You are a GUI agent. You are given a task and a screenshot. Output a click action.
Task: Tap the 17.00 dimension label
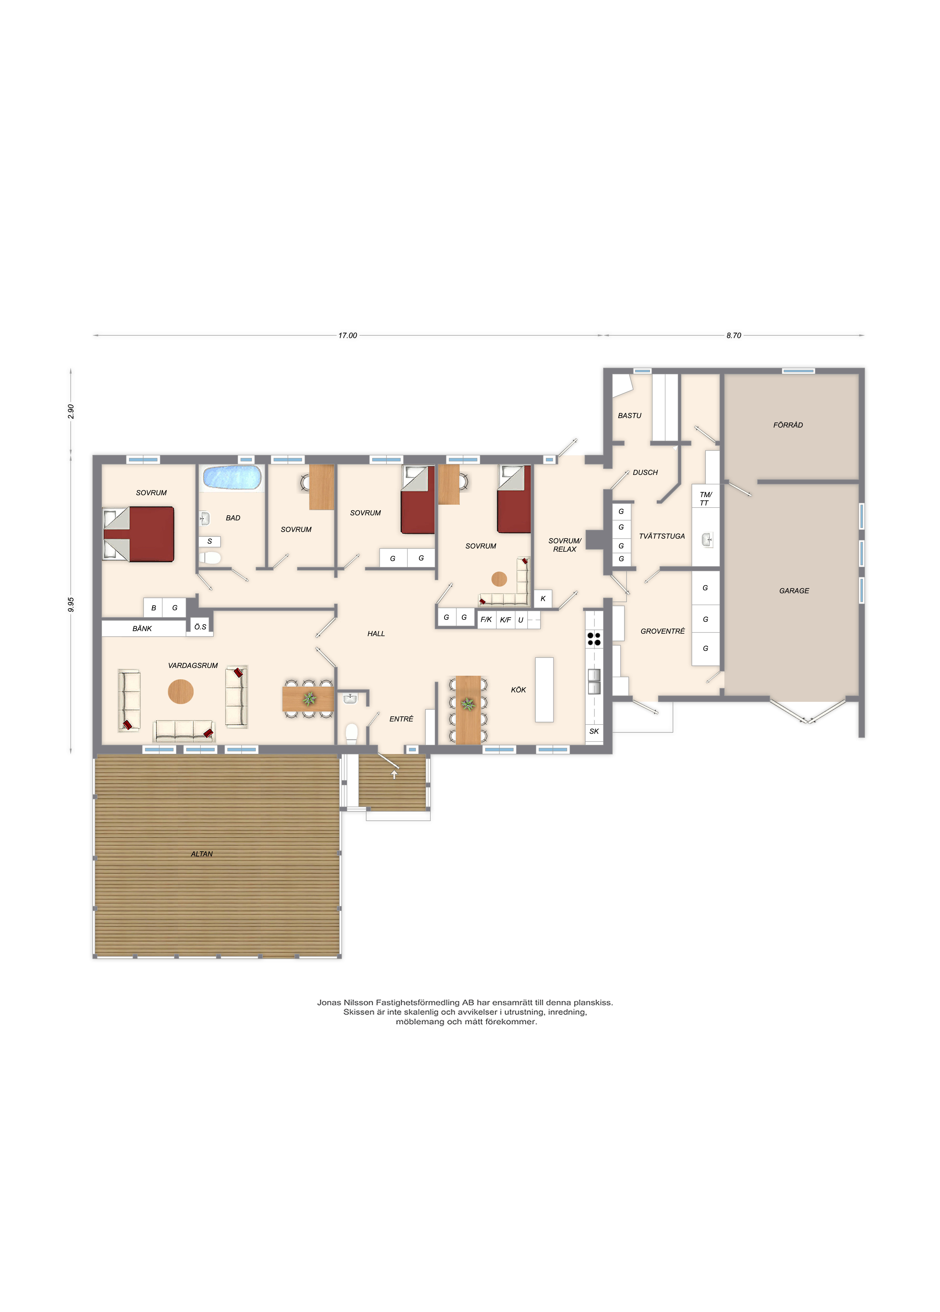coord(348,335)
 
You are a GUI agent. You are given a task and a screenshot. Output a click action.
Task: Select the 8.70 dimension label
coord(734,335)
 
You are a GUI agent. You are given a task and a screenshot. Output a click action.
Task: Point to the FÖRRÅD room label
coord(788,425)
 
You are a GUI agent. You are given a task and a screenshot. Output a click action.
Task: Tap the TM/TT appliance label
coord(705,499)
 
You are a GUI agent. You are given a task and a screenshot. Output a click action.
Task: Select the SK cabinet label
coord(594,731)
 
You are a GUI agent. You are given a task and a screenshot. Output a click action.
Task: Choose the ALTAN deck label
coord(202,854)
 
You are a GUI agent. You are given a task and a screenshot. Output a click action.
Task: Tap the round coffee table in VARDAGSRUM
coord(180,691)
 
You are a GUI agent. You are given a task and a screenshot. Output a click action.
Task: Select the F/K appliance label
coord(486,619)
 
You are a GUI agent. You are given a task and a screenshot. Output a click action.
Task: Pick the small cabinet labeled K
coord(543,599)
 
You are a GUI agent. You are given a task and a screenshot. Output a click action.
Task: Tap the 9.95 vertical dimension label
coord(71,605)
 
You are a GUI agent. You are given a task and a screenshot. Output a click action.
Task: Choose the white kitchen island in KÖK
coord(544,690)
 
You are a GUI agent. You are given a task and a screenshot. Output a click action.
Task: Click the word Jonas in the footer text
coord(329,1002)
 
